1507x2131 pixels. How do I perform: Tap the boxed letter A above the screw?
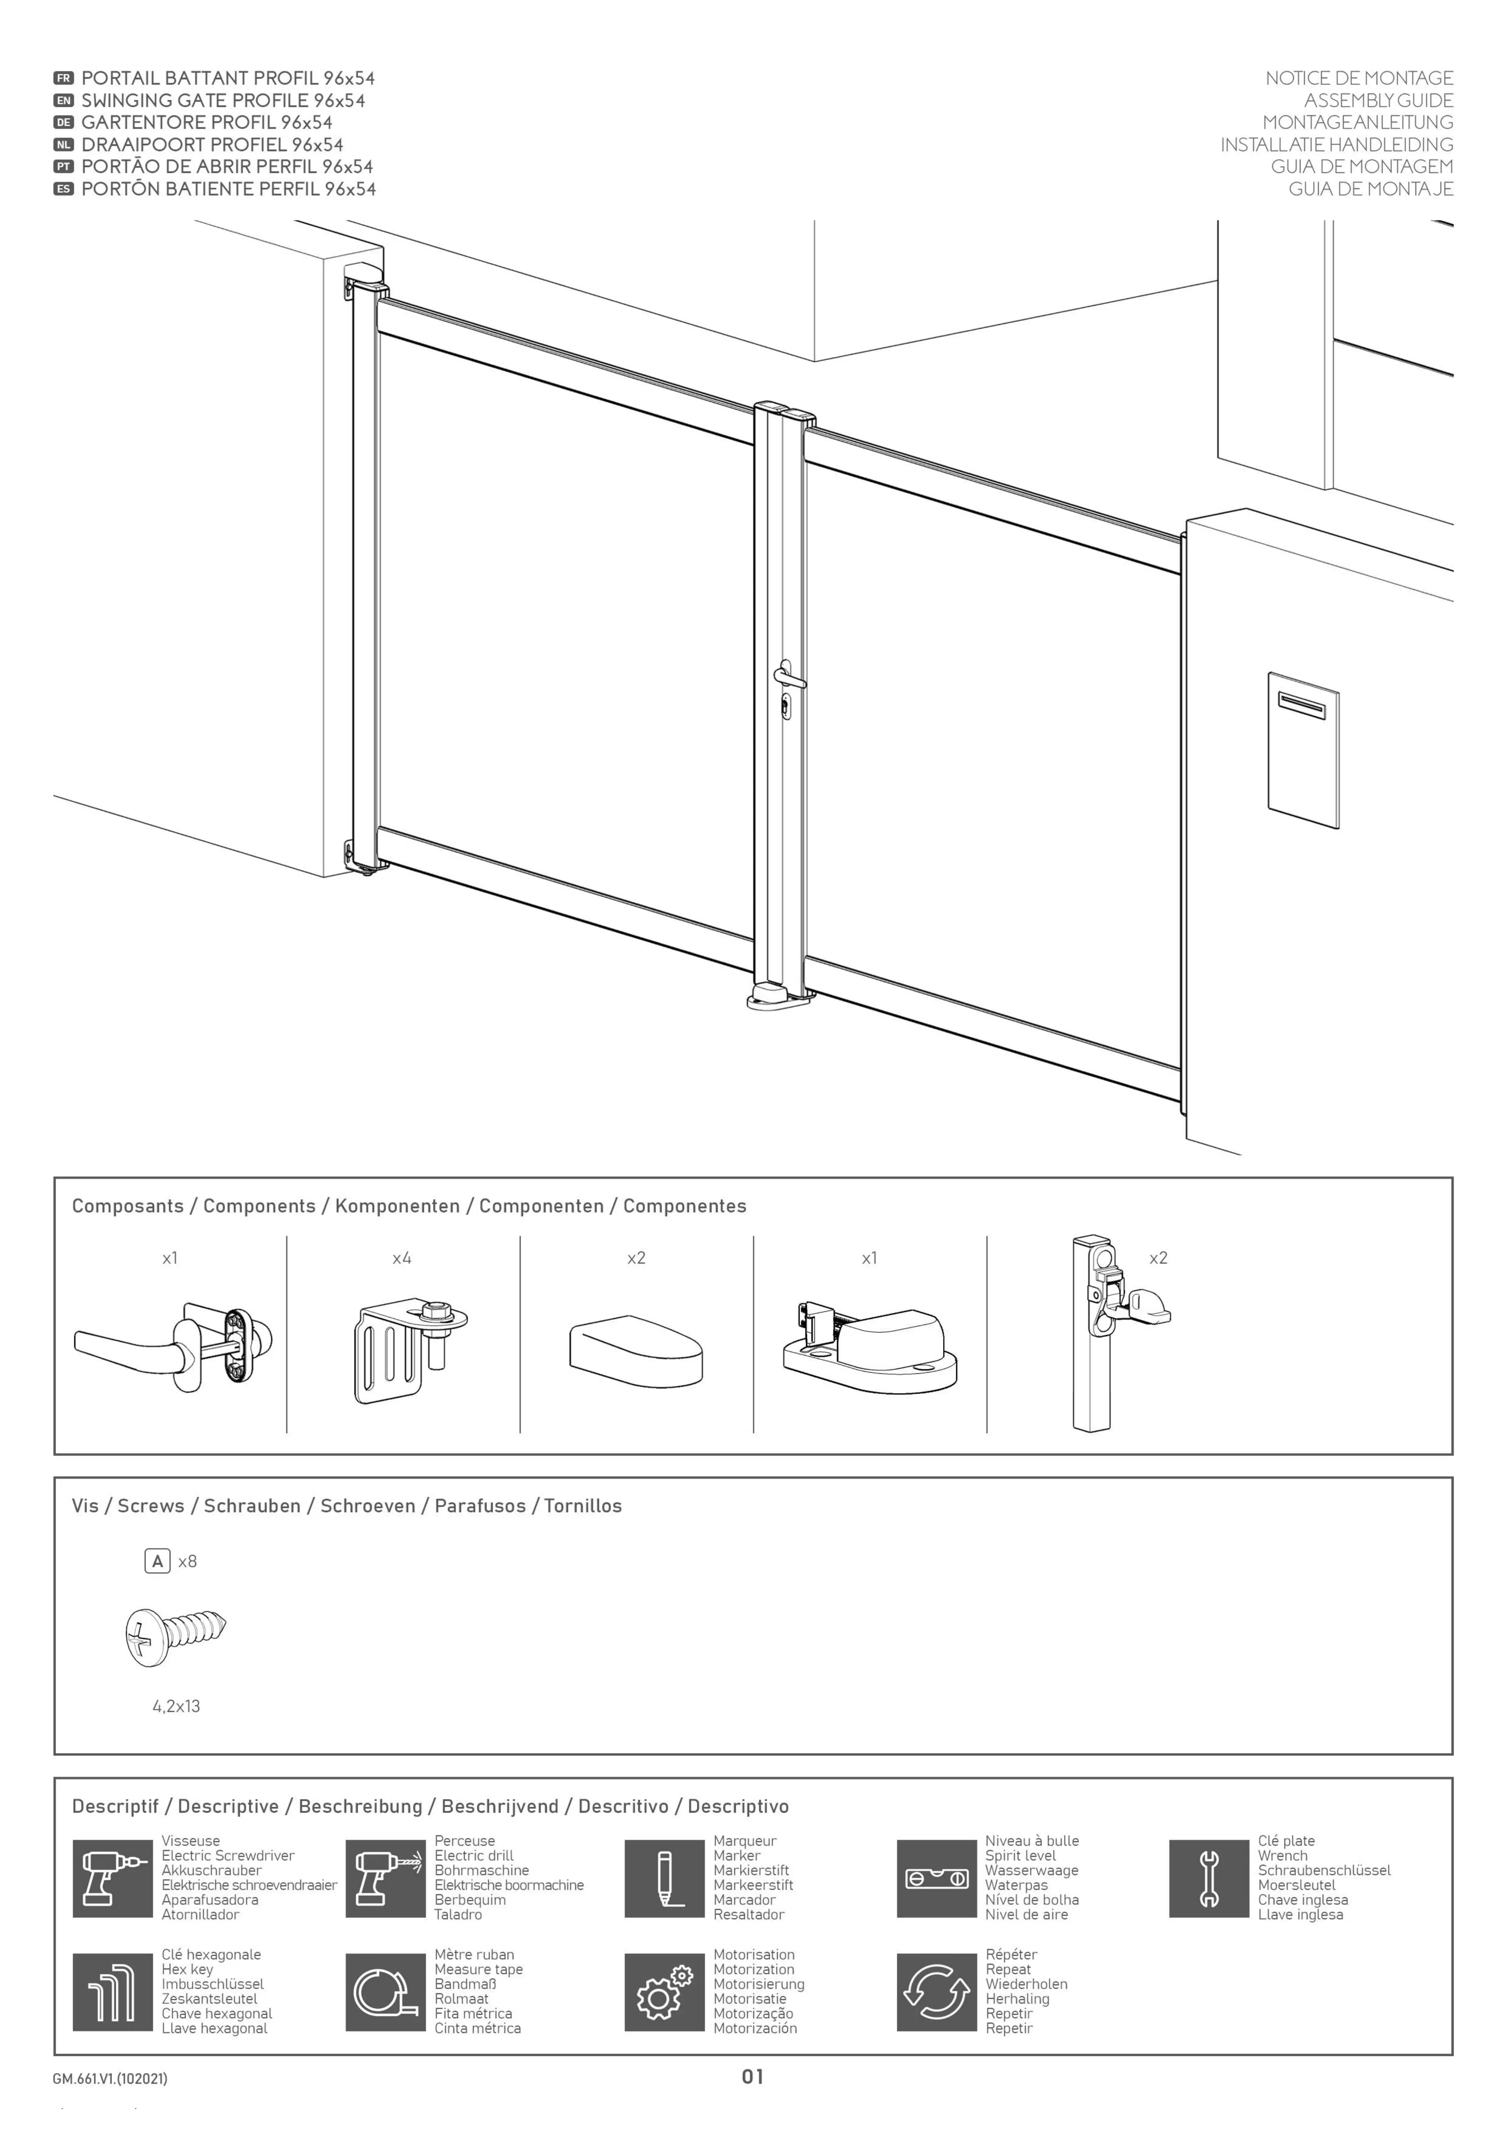pyautogui.click(x=157, y=1561)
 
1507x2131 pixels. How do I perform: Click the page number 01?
pyautogui.click(x=752, y=2076)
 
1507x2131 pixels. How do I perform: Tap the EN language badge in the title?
pyautogui.click(x=63, y=100)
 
